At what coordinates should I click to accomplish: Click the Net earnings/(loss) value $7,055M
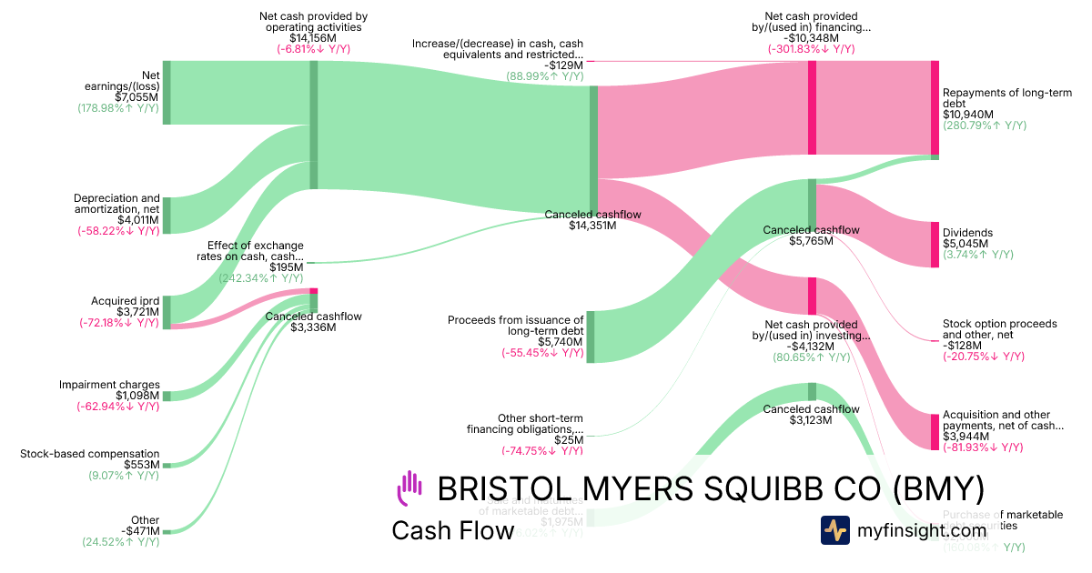(x=137, y=96)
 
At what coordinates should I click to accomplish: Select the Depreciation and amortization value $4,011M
(x=137, y=220)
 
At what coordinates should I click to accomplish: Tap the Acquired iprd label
(x=126, y=300)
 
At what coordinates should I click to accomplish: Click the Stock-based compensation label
(x=90, y=454)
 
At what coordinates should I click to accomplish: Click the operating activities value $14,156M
(x=312, y=38)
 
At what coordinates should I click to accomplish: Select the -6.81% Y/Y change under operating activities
(x=312, y=49)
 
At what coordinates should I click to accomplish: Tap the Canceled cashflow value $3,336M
(x=313, y=327)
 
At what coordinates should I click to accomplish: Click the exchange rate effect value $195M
(x=287, y=267)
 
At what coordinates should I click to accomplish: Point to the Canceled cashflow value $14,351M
(x=592, y=226)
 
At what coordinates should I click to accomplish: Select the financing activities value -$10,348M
(x=811, y=38)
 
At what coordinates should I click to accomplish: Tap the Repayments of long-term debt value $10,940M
(x=968, y=115)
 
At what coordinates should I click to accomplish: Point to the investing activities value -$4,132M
(x=811, y=346)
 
